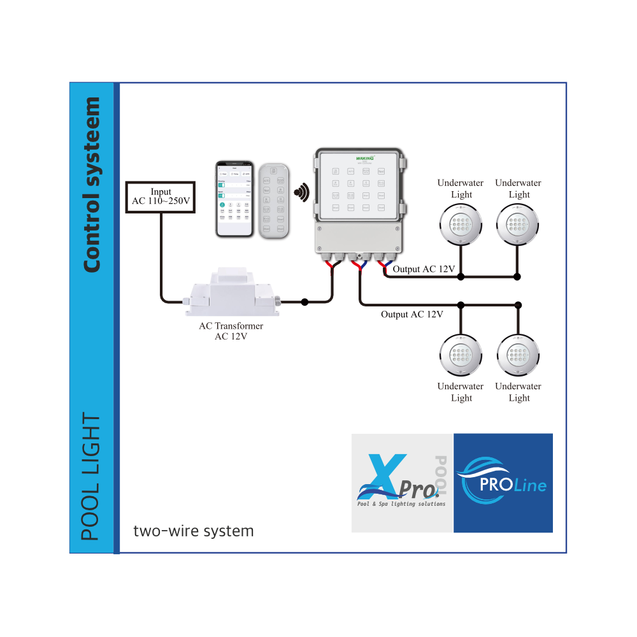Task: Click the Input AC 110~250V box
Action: pos(161,196)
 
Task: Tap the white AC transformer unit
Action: pos(231,294)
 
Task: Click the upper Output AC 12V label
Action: pos(424,269)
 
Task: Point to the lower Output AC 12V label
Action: pos(412,314)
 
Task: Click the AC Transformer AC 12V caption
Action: pos(231,331)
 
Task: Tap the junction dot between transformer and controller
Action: pos(304,302)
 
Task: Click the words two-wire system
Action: pos(194,531)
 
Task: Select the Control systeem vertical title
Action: pos(92,185)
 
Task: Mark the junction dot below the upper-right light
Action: pos(518,276)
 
